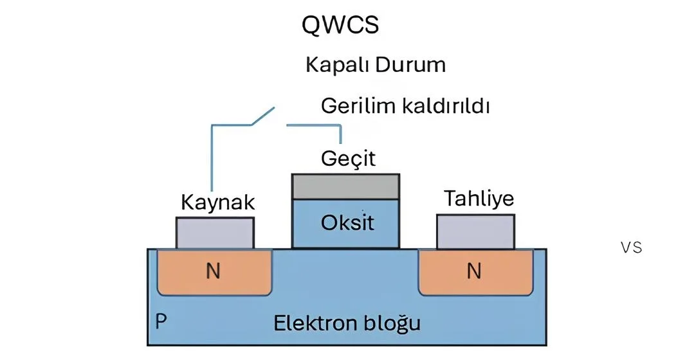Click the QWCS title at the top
pos(340,25)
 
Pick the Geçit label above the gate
pos(347,158)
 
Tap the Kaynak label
pos(218,203)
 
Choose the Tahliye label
pos(479,199)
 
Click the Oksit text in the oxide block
pos(347,224)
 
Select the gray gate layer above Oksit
pos(345,186)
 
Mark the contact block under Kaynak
pos(214,233)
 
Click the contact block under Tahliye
pos(475,231)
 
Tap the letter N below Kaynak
pos(213,272)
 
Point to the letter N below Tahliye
pos(473,272)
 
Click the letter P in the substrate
pos(159,321)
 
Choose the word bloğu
pos(393,323)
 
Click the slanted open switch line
pos(261,117)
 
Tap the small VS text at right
pos(632,248)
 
